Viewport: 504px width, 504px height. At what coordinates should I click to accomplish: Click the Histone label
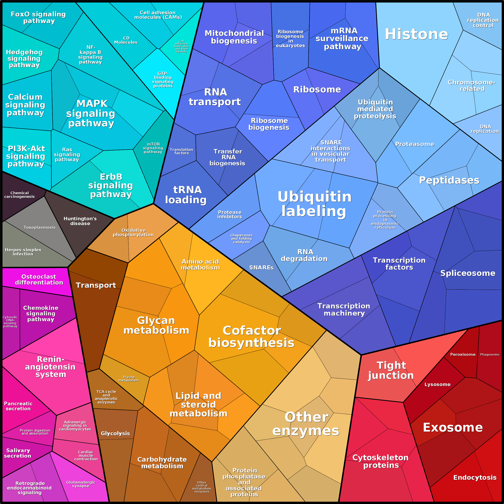click(416, 34)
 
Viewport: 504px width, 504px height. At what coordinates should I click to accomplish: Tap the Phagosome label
click(489, 355)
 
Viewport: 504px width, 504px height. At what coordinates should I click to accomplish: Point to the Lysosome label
click(437, 385)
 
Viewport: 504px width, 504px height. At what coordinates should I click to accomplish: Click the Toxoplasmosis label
click(40, 228)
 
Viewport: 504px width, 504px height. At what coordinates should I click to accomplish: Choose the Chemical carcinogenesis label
click(20, 195)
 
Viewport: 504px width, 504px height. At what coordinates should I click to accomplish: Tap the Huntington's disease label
click(80, 221)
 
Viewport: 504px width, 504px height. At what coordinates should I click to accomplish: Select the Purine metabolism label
click(129, 379)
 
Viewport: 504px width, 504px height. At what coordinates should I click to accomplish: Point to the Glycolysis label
click(115, 433)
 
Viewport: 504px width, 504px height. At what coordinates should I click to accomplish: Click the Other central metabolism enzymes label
click(202, 487)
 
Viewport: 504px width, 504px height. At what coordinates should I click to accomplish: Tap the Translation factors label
click(181, 151)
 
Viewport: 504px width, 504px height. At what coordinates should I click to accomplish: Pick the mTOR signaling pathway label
click(153, 148)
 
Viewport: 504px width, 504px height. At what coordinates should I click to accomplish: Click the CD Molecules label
click(126, 40)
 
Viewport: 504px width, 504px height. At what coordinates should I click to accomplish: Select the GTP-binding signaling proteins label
click(163, 80)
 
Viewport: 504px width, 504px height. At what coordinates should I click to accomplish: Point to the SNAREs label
click(261, 268)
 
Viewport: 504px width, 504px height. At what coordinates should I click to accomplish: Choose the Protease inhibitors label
click(230, 214)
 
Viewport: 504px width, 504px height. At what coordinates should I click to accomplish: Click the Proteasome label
click(415, 144)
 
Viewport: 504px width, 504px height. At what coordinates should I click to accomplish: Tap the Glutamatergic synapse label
click(81, 484)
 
